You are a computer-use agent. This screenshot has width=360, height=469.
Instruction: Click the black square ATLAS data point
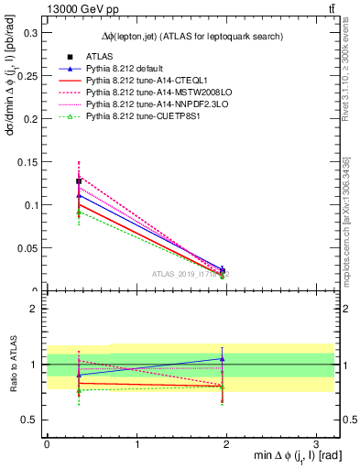tap(79, 181)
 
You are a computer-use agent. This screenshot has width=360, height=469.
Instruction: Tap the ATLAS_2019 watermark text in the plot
tap(191, 274)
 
